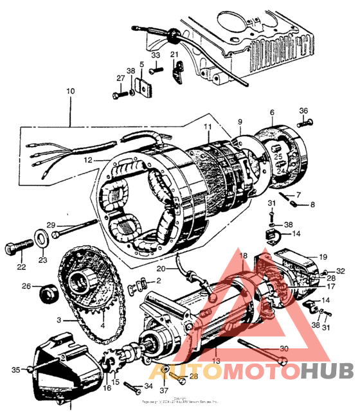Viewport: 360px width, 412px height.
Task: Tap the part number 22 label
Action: pos(21,267)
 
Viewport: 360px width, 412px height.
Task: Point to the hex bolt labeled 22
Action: pos(19,247)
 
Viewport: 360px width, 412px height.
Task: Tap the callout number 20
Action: pos(161,269)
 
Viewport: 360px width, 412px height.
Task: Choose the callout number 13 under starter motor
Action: pos(217,363)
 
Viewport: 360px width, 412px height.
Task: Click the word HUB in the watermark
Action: pos(327,371)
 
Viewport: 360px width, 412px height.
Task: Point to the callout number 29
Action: pos(51,224)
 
